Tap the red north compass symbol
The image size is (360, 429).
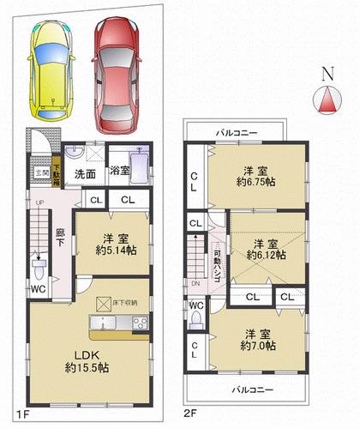(328, 100)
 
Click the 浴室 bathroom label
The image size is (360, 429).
(119, 172)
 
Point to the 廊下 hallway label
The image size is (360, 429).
(60, 237)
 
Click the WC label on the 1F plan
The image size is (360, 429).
(39, 289)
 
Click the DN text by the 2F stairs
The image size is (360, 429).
(195, 284)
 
